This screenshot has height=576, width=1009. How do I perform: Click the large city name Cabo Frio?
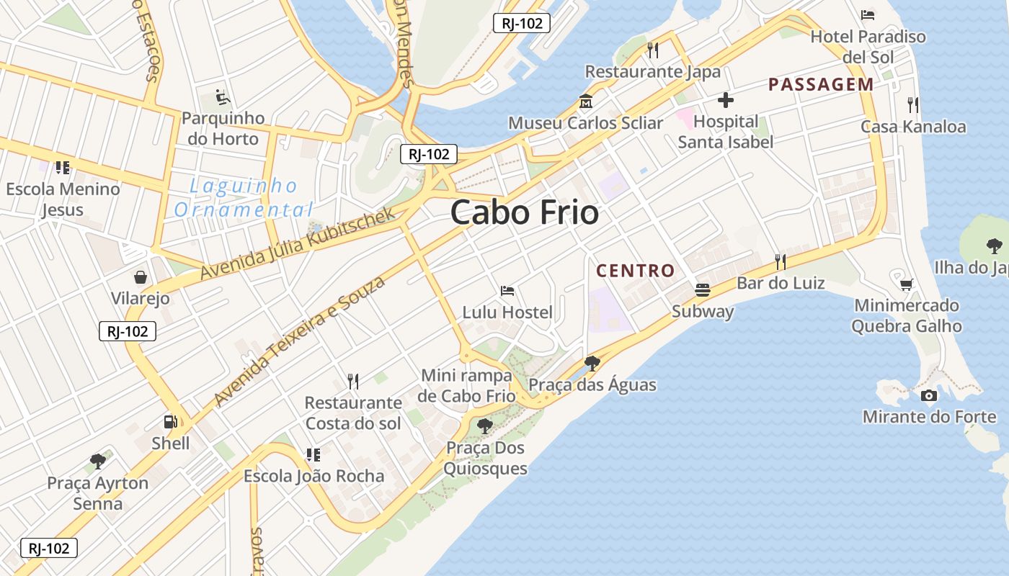coord(525,212)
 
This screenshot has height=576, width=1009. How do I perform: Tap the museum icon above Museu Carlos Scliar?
coord(585,102)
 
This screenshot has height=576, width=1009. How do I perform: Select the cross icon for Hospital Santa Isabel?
coord(726,100)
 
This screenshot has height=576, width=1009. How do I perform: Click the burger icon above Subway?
coord(703,290)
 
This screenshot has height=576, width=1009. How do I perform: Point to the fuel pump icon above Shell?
coord(171,422)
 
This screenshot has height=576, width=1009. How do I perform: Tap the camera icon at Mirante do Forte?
coord(929,395)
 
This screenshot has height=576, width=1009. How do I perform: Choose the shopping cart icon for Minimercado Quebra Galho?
coord(906,284)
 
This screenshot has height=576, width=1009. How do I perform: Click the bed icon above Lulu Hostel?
coord(507,291)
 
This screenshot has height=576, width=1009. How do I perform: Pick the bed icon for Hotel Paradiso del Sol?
coord(868,15)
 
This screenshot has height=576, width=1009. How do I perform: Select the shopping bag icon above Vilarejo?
coord(141,277)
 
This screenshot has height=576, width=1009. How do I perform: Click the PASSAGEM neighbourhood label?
coord(821,85)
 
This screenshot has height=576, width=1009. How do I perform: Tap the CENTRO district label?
coord(636,271)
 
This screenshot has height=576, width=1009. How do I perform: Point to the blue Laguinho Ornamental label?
coord(244,198)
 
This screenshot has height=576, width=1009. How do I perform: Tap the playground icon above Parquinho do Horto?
coord(223,96)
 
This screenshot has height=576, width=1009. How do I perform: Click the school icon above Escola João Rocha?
coord(313,454)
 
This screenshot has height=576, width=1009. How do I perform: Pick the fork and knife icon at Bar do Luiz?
coord(781,261)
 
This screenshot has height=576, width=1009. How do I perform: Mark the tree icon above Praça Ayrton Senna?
coord(98,462)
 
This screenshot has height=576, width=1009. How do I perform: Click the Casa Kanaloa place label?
coord(913,127)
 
